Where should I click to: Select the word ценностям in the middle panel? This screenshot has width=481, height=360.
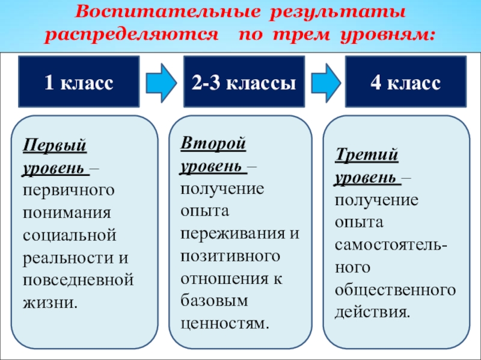click(x=223, y=323)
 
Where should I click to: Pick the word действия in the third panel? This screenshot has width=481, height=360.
click(x=373, y=313)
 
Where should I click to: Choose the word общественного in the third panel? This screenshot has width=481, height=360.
click(x=395, y=290)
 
